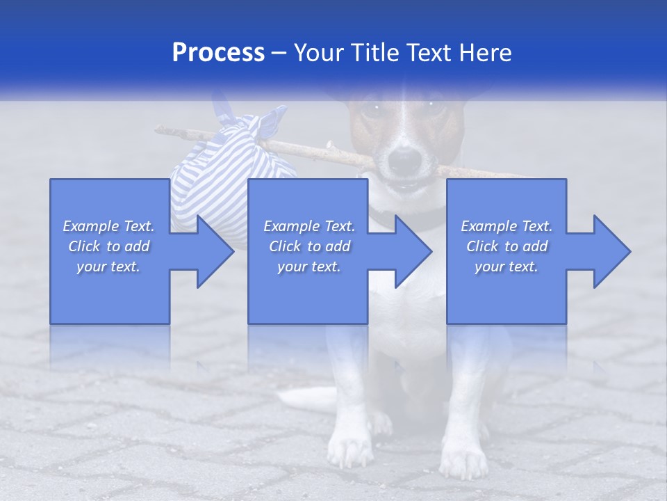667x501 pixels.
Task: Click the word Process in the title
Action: (x=218, y=53)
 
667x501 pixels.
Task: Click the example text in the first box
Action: (x=109, y=246)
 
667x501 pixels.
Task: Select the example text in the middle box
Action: (x=309, y=246)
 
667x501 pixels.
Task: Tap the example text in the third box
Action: (x=507, y=246)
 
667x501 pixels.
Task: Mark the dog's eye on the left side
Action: (x=376, y=108)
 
